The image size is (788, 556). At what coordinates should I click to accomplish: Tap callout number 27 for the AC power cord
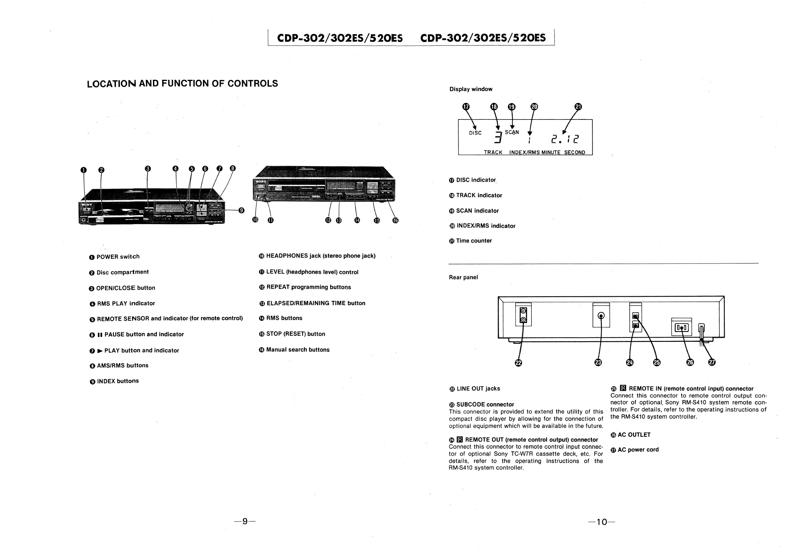(712, 362)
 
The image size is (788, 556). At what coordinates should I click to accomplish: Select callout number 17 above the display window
(466, 107)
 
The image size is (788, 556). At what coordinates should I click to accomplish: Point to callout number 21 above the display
(578, 107)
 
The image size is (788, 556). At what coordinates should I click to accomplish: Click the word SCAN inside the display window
(512, 132)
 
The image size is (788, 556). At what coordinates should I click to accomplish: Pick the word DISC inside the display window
(475, 133)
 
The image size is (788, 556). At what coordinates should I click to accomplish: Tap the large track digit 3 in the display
(498, 138)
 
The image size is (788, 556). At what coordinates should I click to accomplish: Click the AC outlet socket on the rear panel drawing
(681, 328)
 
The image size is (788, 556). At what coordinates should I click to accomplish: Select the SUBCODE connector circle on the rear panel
(601, 315)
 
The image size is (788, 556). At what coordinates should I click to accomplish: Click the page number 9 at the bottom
(245, 521)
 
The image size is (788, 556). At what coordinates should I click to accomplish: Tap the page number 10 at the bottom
(602, 522)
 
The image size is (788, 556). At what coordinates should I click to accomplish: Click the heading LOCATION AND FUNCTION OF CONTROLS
(182, 84)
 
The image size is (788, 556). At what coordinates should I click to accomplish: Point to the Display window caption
(471, 89)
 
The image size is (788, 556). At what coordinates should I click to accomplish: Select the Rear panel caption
(463, 277)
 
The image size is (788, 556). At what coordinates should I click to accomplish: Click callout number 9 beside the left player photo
(242, 210)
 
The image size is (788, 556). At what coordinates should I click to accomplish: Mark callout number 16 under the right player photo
(395, 220)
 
